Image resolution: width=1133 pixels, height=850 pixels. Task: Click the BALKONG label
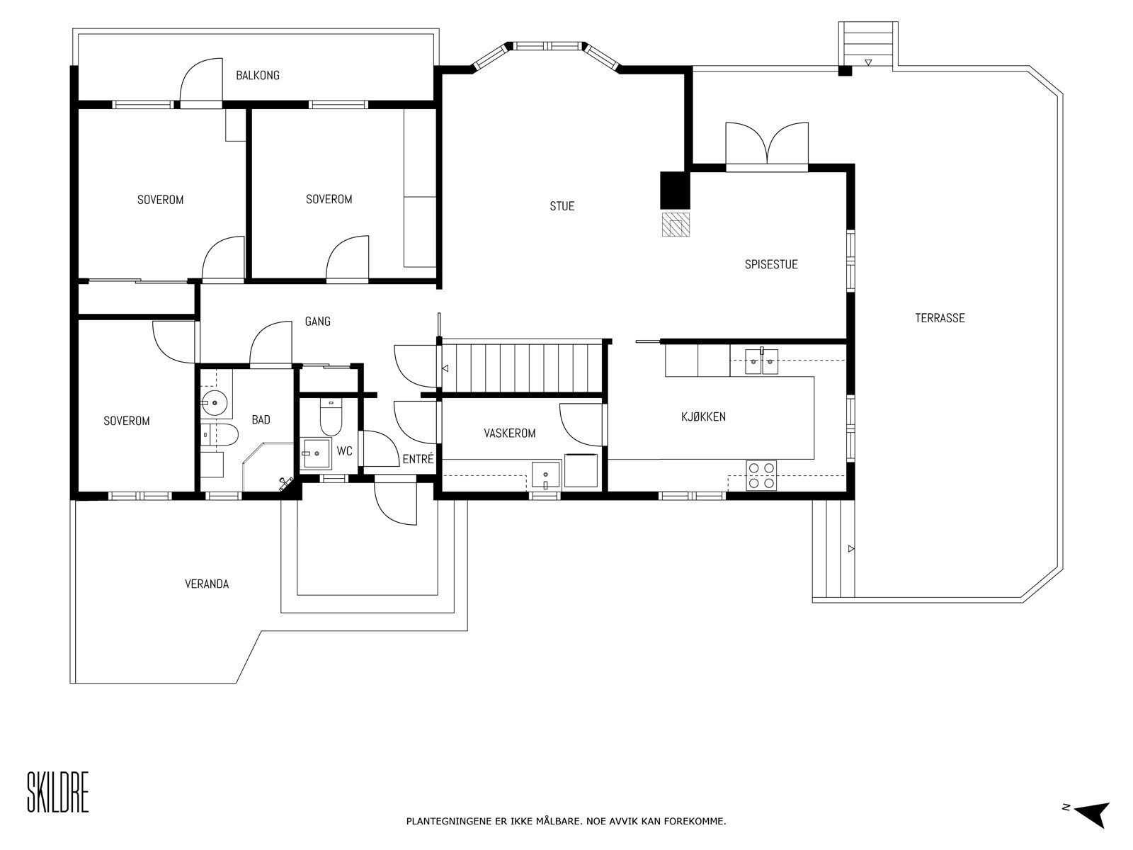[x=257, y=75]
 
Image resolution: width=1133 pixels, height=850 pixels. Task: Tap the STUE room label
[x=562, y=206]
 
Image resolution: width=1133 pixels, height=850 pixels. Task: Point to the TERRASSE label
[x=939, y=318]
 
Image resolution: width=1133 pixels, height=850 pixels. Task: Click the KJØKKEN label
[x=703, y=416]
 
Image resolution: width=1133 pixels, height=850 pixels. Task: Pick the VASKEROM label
[x=509, y=433]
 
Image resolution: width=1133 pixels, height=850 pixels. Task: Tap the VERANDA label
[x=207, y=584]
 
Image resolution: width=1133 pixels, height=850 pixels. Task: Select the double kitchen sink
[x=762, y=362]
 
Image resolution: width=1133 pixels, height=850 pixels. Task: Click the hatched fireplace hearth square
[x=675, y=224]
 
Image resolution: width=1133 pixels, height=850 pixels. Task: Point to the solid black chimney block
[x=674, y=190]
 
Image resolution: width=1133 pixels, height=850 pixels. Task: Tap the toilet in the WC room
[x=331, y=418]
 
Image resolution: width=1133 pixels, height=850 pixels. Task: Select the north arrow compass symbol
[x=1091, y=813]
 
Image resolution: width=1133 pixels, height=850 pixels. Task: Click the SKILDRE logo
[x=58, y=793]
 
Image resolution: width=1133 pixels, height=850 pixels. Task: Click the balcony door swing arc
[x=199, y=84]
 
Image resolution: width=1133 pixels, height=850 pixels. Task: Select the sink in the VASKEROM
[x=545, y=475]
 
